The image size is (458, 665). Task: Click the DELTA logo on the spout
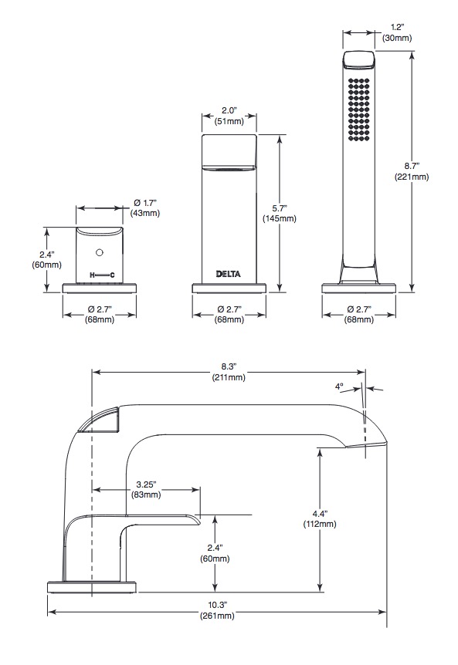click(x=229, y=274)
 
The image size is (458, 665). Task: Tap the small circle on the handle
click(x=100, y=253)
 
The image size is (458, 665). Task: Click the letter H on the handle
click(x=92, y=275)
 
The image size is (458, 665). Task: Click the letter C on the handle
click(x=112, y=275)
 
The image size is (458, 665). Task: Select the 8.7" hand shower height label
click(x=412, y=167)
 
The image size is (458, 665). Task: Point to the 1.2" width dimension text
click(x=397, y=28)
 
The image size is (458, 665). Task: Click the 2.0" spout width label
click(x=229, y=110)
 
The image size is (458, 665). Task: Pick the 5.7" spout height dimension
click(x=280, y=208)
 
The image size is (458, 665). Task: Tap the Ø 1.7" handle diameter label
click(x=144, y=203)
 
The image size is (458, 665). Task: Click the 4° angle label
click(x=339, y=387)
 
